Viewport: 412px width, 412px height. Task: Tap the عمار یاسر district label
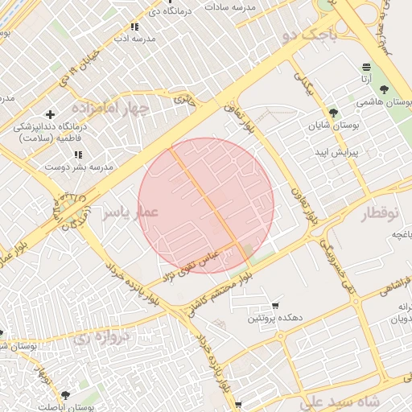pyautogui.click(x=131, y=211)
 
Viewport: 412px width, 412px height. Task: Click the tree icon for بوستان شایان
pyautogui.click(x=334, y=112)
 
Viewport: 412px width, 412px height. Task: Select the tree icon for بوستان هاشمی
pyautogui.click(x=383, y=89)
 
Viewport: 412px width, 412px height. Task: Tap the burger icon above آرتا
pyautogui.click(x=367, y=66)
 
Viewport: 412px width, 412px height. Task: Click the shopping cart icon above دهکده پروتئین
pyautogui.click(x=275, y=306)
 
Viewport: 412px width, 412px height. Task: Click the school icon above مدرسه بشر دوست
pyautogui.click(x=78, y=154)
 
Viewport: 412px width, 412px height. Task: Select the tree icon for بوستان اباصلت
pyautogui.click(x=65, y=394)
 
